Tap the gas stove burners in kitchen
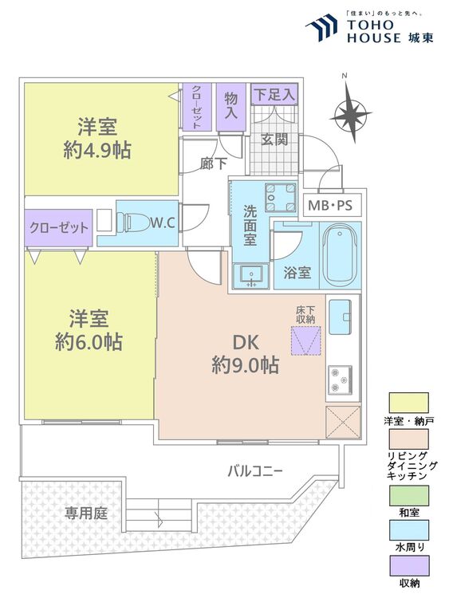339,380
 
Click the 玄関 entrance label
274,139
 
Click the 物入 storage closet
231,105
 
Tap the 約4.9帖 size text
97,150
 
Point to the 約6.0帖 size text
88,342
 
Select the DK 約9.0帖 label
244,355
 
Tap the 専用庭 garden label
86,513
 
